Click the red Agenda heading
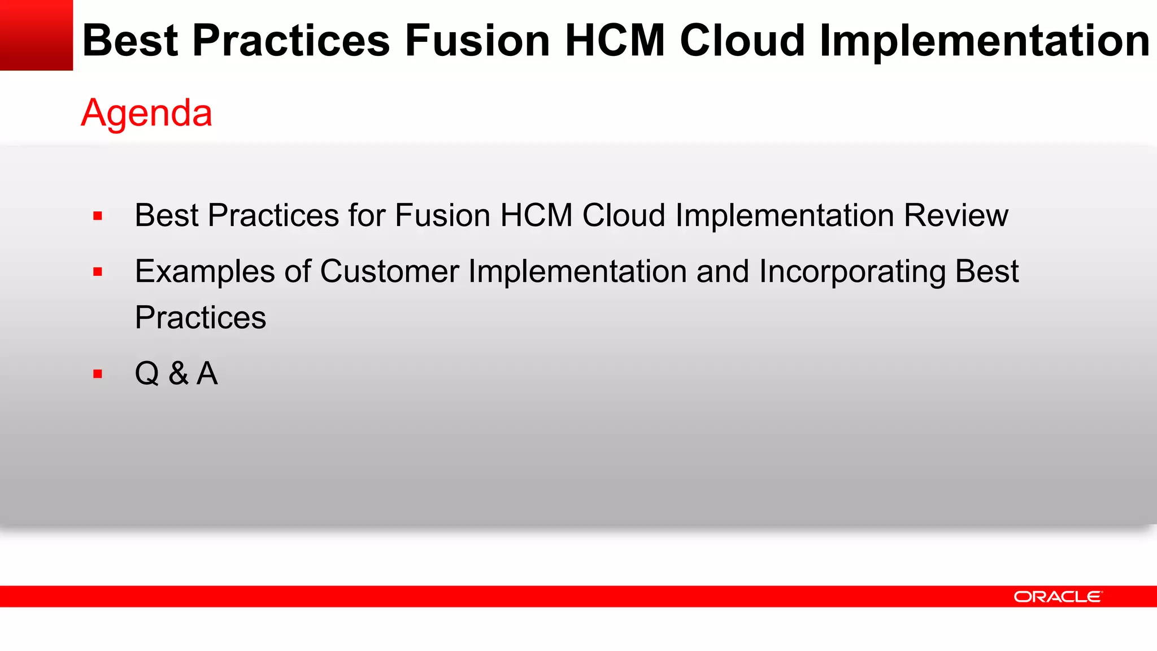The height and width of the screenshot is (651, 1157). (x=146, y=113)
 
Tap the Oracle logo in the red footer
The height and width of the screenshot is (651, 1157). (x=1058, y=597)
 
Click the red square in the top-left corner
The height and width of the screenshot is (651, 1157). (x=36, y=35)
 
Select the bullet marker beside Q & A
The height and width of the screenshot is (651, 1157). (x=98, y=374)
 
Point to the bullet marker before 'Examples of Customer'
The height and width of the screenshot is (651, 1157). (x=98, y=272)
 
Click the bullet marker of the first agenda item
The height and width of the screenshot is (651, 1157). (x=98, y=216)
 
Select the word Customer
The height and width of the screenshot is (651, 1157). (x=389, y=271)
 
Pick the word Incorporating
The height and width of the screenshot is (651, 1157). (x=852, y=272)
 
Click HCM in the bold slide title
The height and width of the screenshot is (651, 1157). (x=615, y=41)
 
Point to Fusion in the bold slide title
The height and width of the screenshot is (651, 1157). (x=477, y=41)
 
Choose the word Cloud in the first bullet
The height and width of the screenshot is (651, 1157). (x=624, y=215)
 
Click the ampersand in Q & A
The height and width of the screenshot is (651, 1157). (x=178, y=374)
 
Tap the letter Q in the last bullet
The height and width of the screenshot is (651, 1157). (x=147, y=374)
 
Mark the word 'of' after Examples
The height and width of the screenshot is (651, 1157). (x=297, y=271)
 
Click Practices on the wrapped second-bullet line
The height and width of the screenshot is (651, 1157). (x=201, y=318)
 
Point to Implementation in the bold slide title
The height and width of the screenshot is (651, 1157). (x=984, y=41)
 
